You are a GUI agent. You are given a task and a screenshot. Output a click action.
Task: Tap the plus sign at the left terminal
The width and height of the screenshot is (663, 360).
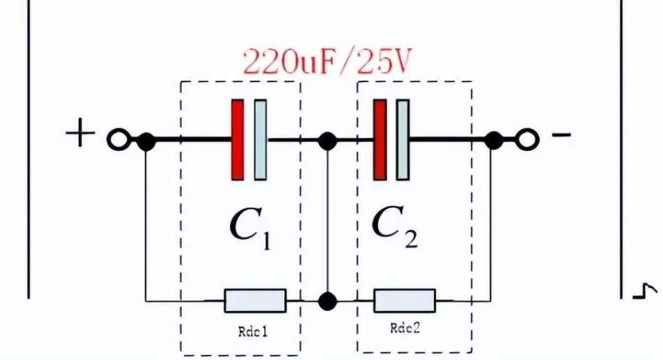pos(80,135)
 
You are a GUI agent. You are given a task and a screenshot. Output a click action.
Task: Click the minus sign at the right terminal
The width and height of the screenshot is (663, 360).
pos(561,136)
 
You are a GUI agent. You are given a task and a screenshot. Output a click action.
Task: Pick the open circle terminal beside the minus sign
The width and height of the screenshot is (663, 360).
pos(526,140)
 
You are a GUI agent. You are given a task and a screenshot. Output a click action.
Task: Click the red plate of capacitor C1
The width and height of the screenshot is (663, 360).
pos(238,140)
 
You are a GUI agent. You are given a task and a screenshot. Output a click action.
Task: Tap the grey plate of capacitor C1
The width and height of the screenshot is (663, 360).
pos(261,140)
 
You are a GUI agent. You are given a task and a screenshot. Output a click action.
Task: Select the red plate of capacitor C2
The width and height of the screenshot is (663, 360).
pos(379,140)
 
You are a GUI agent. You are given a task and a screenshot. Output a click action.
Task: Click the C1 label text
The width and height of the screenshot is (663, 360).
pos(251,226)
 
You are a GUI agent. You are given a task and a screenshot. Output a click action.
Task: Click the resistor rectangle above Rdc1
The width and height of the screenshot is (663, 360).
pos(254,300)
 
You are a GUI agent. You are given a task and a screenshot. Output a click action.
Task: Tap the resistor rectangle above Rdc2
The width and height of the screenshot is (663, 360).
pos(405,300)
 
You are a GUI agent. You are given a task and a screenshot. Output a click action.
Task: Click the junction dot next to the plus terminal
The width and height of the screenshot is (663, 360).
pos(146,141)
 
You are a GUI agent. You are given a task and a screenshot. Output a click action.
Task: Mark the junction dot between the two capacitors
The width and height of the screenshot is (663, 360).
pos(328,141)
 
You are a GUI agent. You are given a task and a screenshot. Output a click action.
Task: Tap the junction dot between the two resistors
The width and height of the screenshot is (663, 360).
pos(329,300)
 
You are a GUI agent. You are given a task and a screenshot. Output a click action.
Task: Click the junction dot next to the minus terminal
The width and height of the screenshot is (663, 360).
pos(494,140)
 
